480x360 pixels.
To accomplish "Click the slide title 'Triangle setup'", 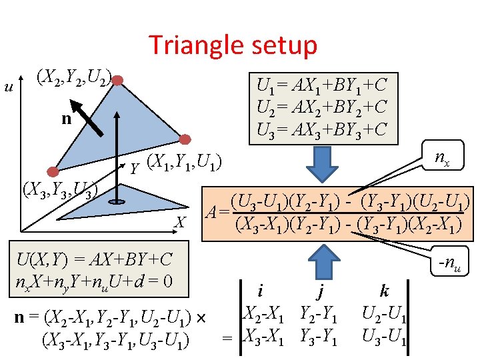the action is tap(233, 45).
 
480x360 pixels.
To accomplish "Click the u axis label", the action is tap(9, 86).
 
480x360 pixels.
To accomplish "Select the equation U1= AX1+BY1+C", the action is tap(322, 85).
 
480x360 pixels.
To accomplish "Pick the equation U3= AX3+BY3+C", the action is tap(322, 129).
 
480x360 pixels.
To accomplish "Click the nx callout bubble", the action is tap(441, 158).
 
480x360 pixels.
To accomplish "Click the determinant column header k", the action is tap(384, 291).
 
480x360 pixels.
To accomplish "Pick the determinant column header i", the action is tap(260, 291).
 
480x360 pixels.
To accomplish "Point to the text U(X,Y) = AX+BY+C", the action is tap(95, 259).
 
